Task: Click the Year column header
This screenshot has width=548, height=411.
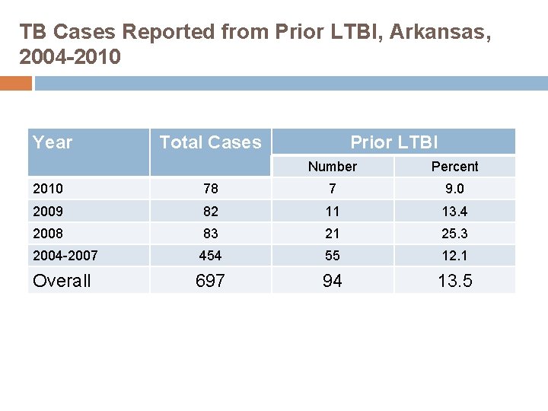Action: pos(53,142)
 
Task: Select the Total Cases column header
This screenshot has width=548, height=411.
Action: pos(210,142)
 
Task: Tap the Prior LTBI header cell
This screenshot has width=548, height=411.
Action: pos(393,142)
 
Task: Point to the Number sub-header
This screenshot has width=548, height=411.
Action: pos(333,167)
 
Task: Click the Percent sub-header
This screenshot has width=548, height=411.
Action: pos(454,167)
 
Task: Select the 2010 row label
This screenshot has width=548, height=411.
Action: pos(48,189)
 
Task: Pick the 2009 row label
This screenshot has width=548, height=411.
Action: pos(48,211)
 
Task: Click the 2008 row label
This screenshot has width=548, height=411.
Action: pos(48,233)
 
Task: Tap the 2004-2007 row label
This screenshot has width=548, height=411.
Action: pos(65,256)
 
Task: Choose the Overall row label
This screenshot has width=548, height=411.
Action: pos(62,281)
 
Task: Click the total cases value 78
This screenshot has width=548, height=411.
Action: pos(210,189)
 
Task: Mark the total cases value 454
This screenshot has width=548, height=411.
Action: pos(210,256)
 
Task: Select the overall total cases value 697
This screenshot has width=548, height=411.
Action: pos(210,281)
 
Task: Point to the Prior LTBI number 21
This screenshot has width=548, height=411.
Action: pos(333,233)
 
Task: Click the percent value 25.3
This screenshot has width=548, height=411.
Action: pos(454,233)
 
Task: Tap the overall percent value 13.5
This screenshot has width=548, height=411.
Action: pos(454,281)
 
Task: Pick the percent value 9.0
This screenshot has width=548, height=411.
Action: pos(454,189)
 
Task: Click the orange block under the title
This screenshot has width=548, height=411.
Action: pos(15,83)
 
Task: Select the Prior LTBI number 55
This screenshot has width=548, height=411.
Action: pos(333,256)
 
